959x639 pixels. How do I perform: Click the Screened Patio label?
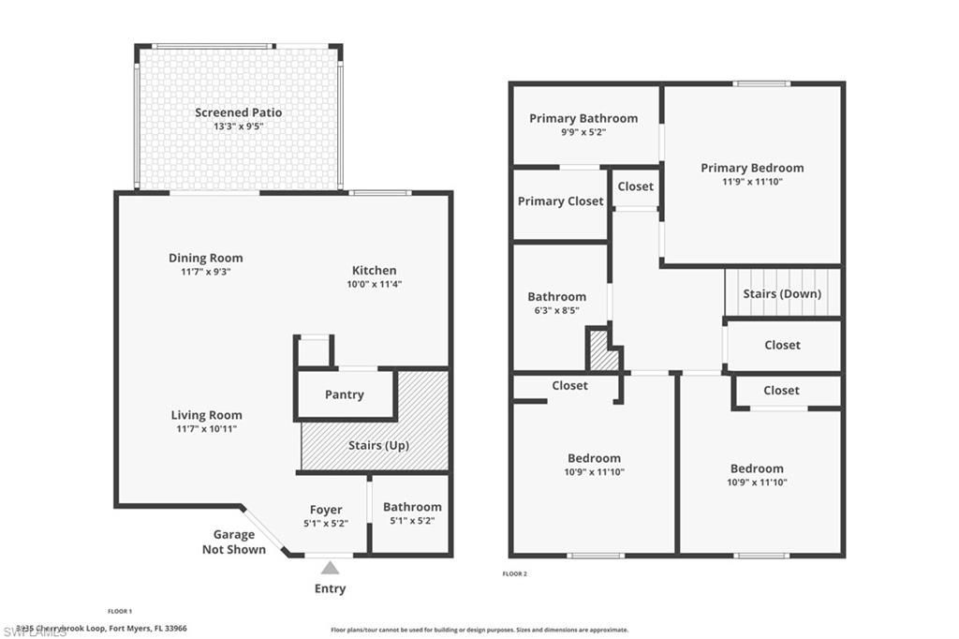238,112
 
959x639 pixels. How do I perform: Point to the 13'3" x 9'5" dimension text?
238,126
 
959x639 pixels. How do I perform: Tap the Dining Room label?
205,258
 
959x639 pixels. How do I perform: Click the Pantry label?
344,394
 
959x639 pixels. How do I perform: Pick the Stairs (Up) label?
377,445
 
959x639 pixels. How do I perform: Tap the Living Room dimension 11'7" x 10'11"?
205,428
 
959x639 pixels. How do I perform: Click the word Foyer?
326,510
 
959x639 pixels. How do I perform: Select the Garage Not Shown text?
233,542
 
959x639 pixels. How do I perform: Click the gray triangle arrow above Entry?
330,567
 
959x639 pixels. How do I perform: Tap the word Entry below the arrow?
330,588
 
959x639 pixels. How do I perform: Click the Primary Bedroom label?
752,168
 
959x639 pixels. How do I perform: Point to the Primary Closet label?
560,201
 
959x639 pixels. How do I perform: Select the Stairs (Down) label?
782,293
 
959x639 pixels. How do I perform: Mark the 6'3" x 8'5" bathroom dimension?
556,310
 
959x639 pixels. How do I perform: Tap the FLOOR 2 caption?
514,573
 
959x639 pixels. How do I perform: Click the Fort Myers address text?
103,628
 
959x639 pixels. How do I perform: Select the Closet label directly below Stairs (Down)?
782,345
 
